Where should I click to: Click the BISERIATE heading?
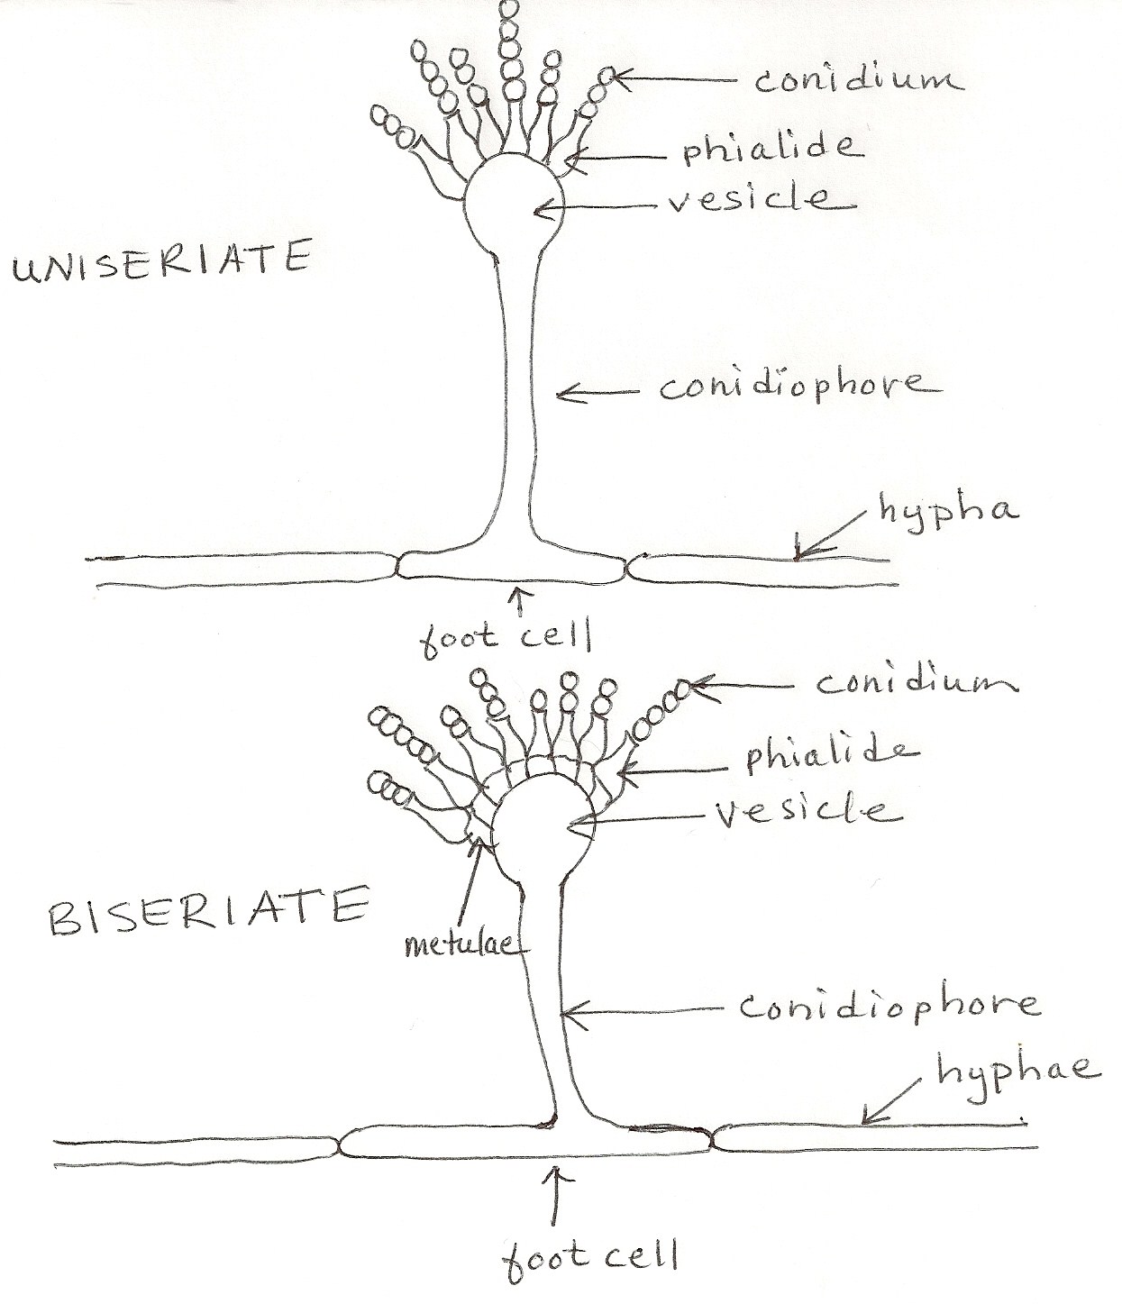[x=206, y=907]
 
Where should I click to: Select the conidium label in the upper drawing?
[x=856, y=80]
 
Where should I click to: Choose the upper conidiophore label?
[x=798, y=388]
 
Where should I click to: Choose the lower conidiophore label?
[x=888, y=1006]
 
